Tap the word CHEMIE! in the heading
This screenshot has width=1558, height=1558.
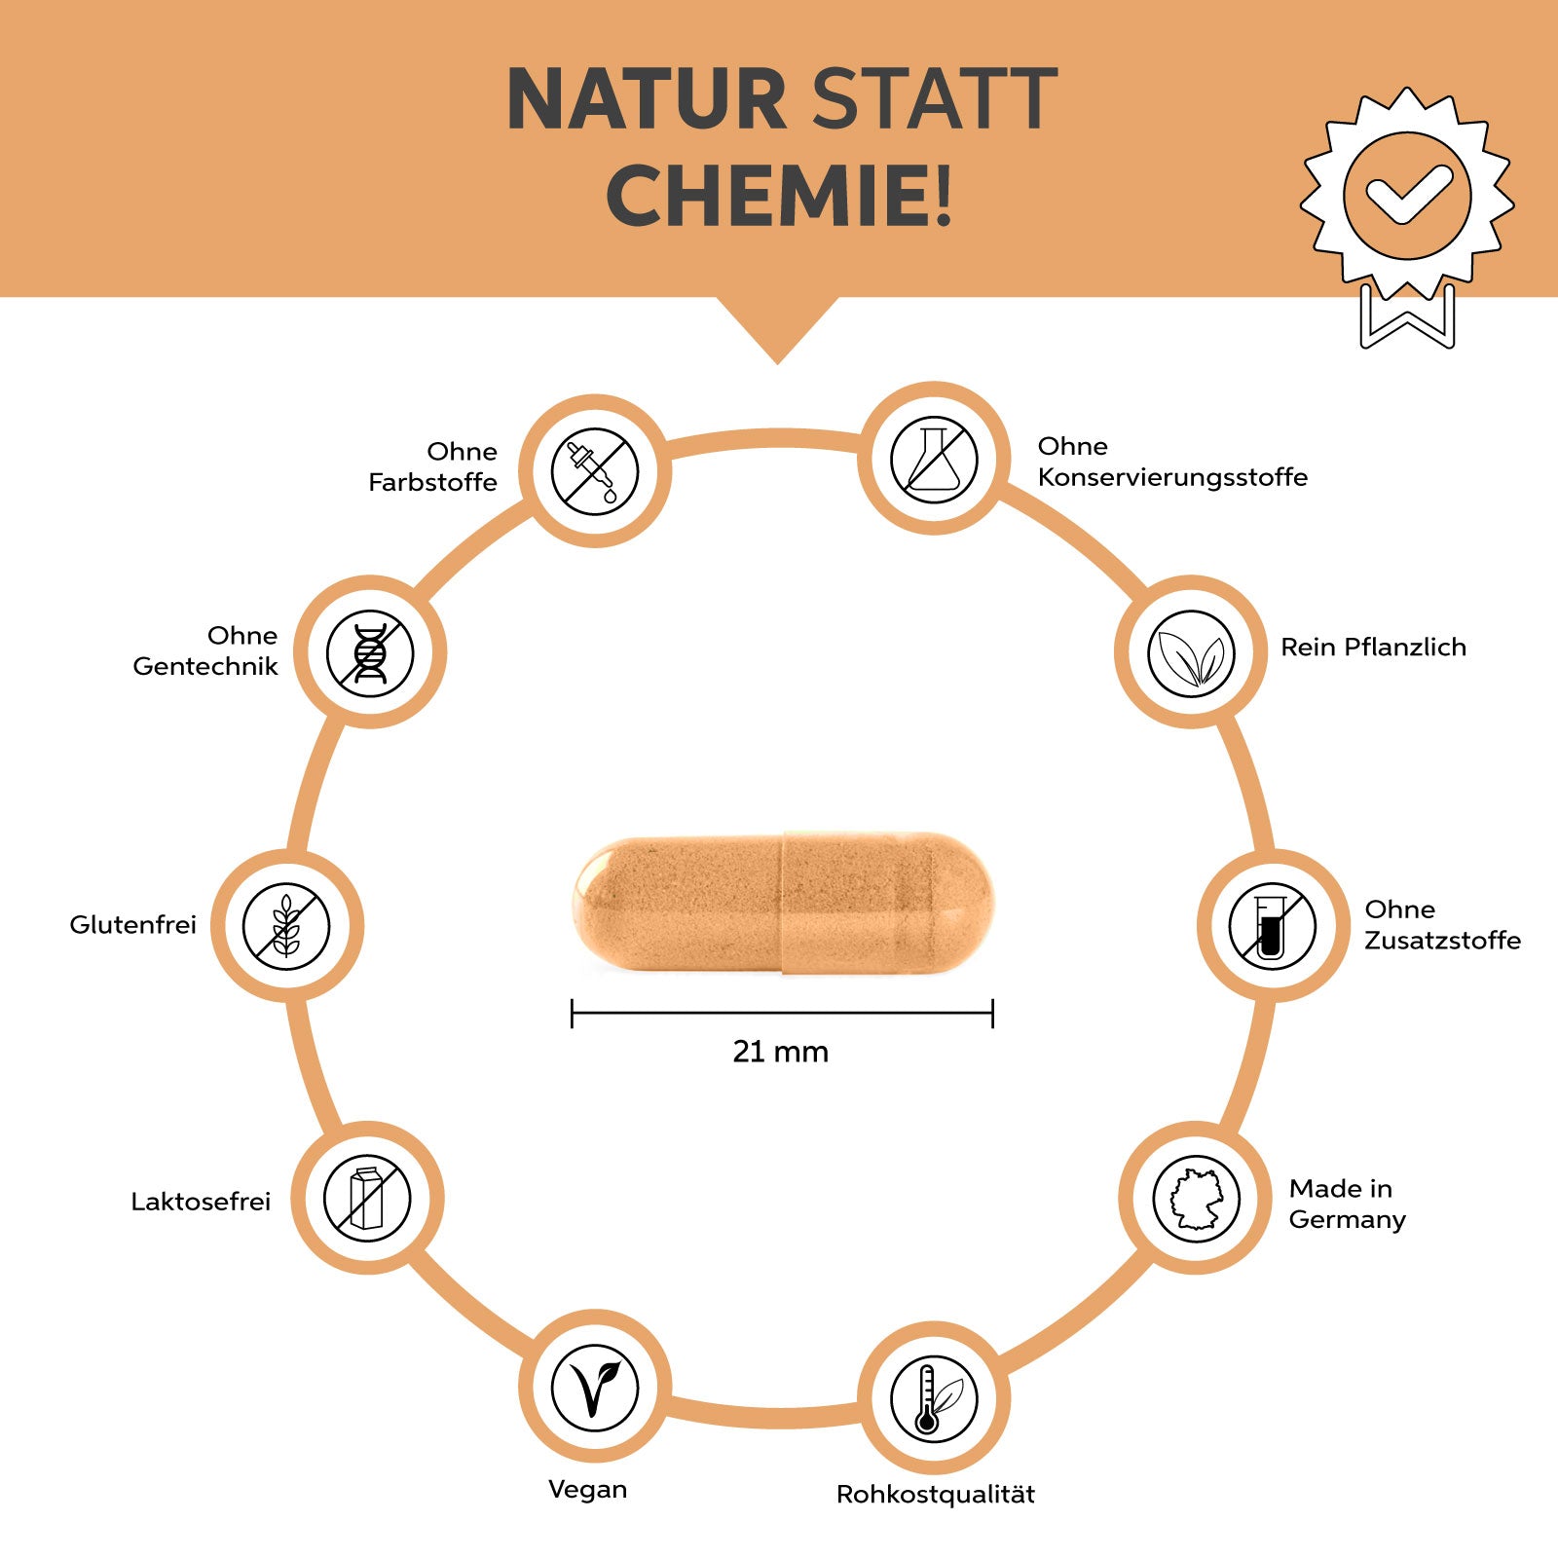tap(779, 196)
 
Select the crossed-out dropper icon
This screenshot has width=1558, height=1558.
tap(594, 471)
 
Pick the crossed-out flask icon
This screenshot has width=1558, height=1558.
tap(934, 459)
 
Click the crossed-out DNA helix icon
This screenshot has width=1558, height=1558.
tap(370, 652)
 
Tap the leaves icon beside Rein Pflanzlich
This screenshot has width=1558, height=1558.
tap(1191, 652)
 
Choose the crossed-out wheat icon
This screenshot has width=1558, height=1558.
tap(286, 925)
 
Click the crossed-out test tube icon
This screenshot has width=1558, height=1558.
tap(1273, 925)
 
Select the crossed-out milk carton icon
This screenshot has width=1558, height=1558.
tap(367, 1198)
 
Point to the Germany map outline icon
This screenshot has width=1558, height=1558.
tap(1196, 1199)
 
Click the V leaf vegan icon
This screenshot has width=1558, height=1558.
tap(594, 1388)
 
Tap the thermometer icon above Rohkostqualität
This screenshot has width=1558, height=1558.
tap(934, 1399)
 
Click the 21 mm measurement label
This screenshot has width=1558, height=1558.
tap(780, 1052)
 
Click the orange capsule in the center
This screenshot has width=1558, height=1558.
tap(783, 903)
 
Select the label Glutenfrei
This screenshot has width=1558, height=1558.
tap(132, 924)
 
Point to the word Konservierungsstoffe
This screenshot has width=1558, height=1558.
tap(1172, 477)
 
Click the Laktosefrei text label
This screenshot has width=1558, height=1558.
tap(201, 1201)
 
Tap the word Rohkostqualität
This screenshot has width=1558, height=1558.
tap(936, 1495)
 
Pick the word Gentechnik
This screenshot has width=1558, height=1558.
tap(205, 666)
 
